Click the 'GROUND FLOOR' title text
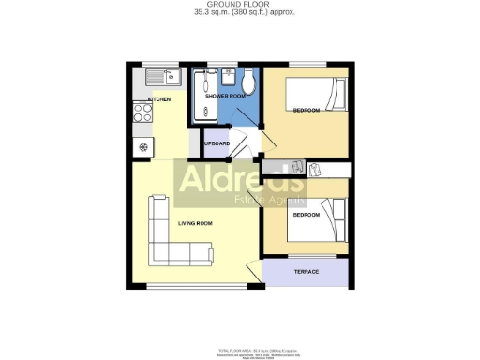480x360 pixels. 239,5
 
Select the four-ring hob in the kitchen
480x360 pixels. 144,113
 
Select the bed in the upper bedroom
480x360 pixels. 315,93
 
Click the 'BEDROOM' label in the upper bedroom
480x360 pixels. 306,111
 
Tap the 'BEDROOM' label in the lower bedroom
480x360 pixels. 306,215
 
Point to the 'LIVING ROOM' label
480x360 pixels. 196,223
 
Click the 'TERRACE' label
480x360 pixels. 307,272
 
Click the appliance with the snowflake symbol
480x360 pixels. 143,145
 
